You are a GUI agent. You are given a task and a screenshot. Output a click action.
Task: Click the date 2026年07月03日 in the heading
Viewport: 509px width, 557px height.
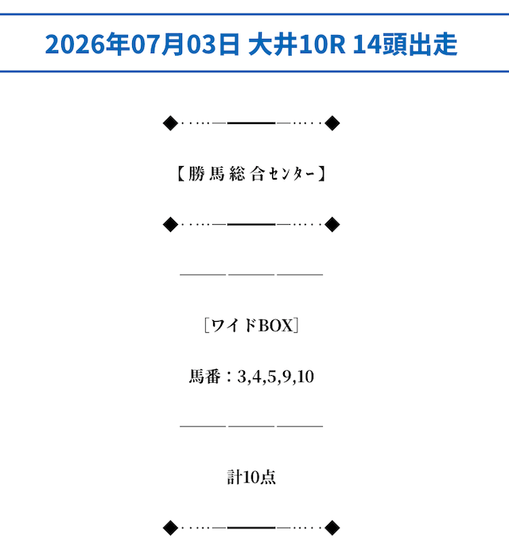pos(142,44)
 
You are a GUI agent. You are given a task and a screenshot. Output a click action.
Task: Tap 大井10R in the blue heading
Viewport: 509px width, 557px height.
pos(297,44)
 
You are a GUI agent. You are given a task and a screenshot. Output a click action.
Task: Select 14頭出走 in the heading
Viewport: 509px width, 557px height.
pos(405,44)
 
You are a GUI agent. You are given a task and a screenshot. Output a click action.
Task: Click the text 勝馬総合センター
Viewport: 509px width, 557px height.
pos(251,174)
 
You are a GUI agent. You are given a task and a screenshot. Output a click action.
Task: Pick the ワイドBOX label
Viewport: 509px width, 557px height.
pos(251,326)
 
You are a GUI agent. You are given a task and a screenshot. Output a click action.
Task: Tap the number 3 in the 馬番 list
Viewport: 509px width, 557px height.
pos(242,377)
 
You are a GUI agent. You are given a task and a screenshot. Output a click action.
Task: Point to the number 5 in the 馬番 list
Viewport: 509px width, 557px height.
pos(272,377)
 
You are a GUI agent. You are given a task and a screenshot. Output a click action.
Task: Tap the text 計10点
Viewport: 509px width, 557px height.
pos(251,477)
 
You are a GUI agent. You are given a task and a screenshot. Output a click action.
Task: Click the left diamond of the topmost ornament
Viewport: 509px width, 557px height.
pos(170,123)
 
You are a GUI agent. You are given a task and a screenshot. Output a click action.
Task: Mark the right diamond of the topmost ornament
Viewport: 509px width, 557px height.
pos(332,123)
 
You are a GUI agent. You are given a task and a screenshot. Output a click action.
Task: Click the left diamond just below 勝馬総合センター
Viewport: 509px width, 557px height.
pos(170,225)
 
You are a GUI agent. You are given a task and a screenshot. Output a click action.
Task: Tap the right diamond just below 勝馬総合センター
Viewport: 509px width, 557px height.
pos(332,225)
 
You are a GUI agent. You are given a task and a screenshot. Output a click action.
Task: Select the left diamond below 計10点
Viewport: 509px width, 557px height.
pos(170,528)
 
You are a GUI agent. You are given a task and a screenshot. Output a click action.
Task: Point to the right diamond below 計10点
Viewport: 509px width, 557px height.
pos(332,528)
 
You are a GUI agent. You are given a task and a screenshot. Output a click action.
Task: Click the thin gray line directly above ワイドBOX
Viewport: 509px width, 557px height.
pos(251,275)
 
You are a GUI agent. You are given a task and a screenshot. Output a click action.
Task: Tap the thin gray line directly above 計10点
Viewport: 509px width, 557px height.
pos(251,426)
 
